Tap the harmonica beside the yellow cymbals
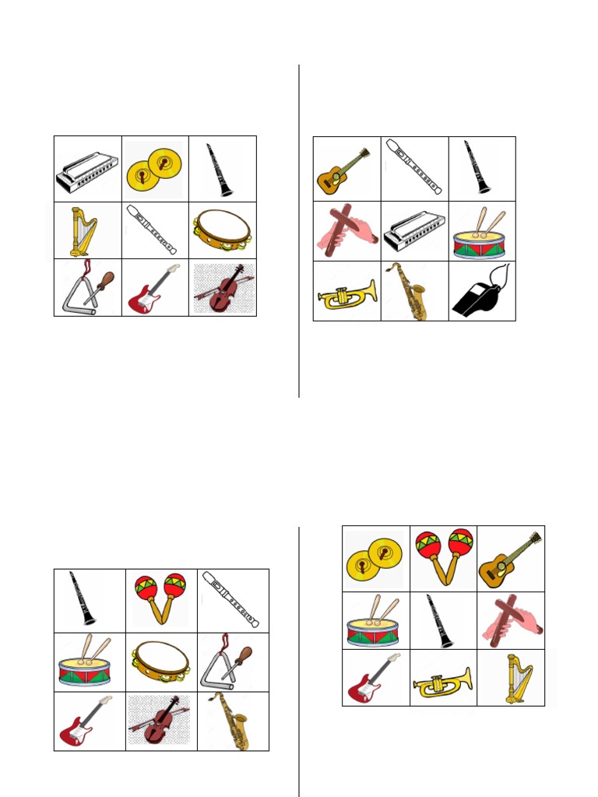click(87, 172)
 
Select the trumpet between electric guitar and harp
click(442, 681)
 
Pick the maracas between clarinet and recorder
click(160, 599)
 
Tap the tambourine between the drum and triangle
click(160, 661)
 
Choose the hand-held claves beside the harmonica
click(346, 230)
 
